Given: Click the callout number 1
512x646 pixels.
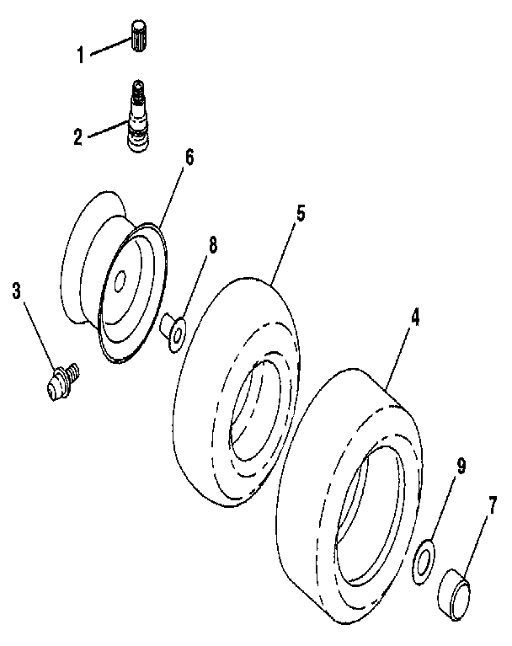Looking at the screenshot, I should pos(81,56).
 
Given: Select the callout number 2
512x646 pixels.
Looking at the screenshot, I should pos(78,136).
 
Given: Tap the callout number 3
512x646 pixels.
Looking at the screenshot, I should pos(17,292).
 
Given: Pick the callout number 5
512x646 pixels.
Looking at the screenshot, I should pos(300,212).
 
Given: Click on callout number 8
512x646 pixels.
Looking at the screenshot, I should pos(212,246).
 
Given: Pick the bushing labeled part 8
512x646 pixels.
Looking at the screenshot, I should pos(173,331).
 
